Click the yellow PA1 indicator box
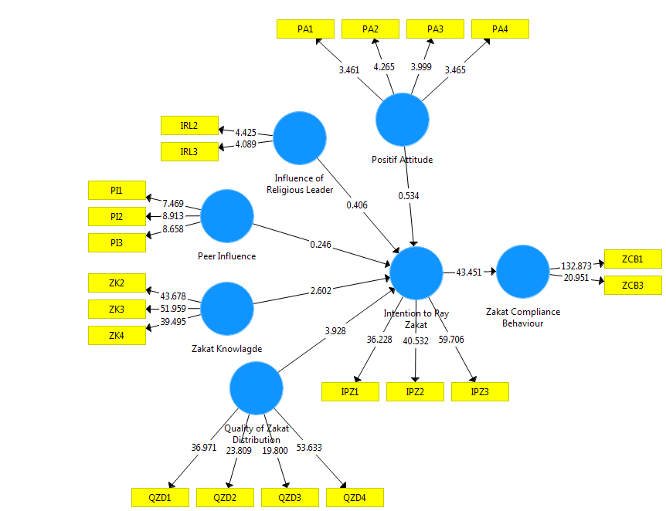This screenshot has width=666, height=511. point(305,29)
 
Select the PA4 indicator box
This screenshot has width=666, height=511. point(500,29)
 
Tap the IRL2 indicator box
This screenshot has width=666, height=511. point(189,125)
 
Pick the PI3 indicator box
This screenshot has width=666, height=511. point(117,242)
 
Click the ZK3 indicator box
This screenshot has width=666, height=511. point(117,310)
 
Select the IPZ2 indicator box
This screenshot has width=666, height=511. point(415,392)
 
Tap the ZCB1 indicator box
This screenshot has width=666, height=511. point(632,259)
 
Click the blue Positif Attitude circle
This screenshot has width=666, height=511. point(403,120)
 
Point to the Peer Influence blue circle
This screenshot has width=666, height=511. point(227,216)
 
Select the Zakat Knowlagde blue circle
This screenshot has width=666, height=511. point(227,308)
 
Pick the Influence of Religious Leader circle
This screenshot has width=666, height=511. point(300,138)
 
